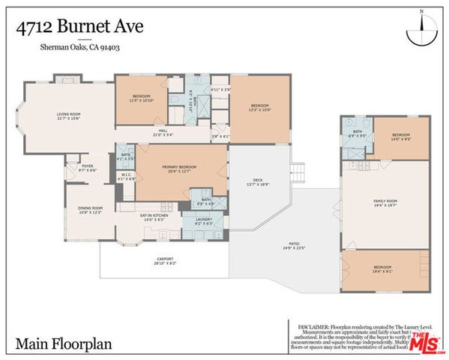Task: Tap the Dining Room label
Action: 91,210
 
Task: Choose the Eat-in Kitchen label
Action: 155,217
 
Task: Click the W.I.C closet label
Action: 126,177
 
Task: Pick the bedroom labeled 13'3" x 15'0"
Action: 259,106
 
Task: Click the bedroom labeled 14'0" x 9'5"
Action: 401,137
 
